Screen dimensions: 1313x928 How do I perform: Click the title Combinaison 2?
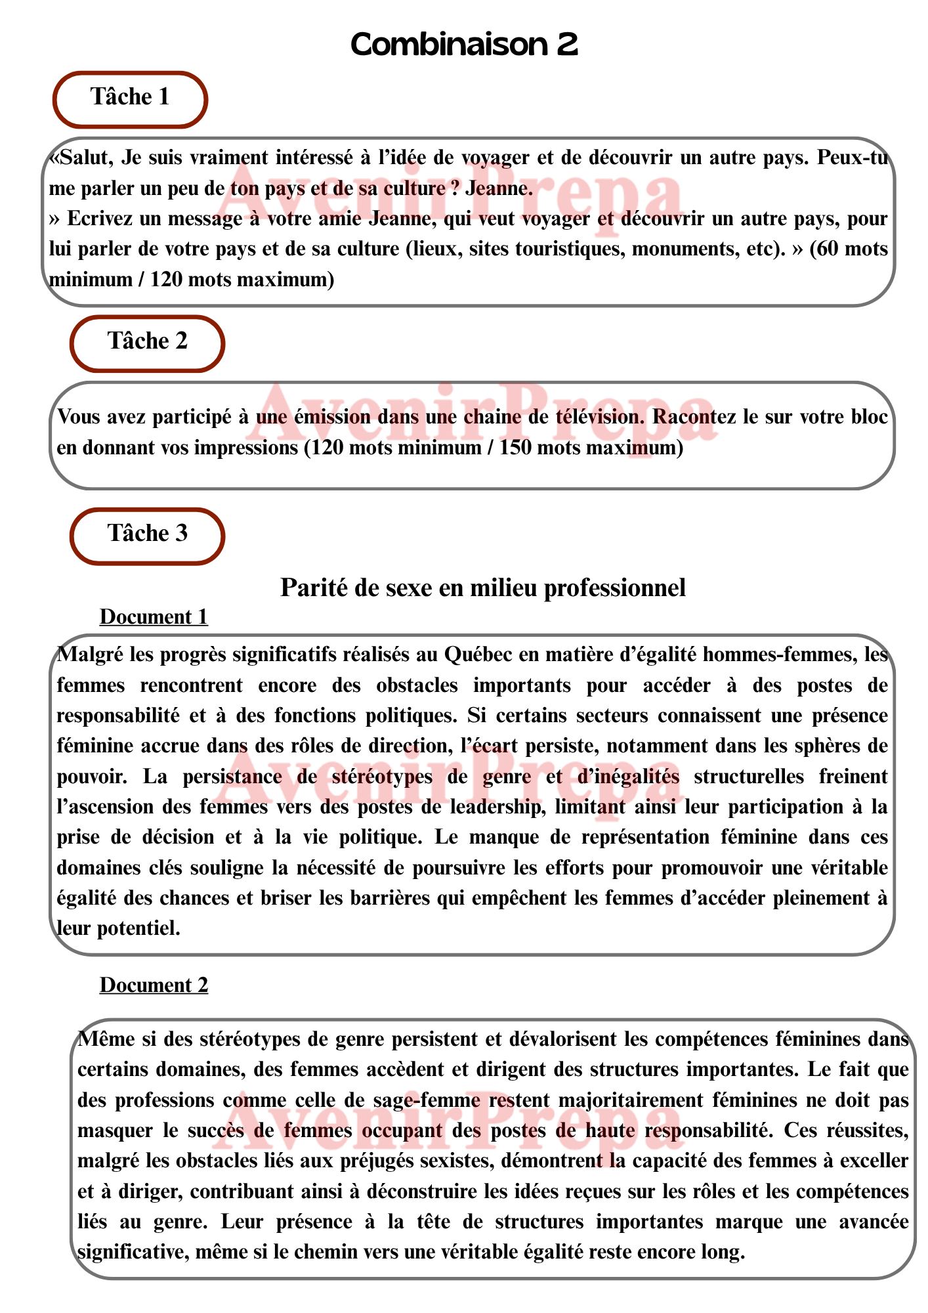tap(464, 45)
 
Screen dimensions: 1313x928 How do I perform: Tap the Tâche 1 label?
tap(130, 97)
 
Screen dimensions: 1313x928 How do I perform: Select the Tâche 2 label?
tap(148, 341)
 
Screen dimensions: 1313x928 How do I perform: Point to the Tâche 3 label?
tap(148, 533)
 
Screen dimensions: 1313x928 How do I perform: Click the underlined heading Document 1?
tap(154, 617)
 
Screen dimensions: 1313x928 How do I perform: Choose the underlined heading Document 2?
tap(154, 985)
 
